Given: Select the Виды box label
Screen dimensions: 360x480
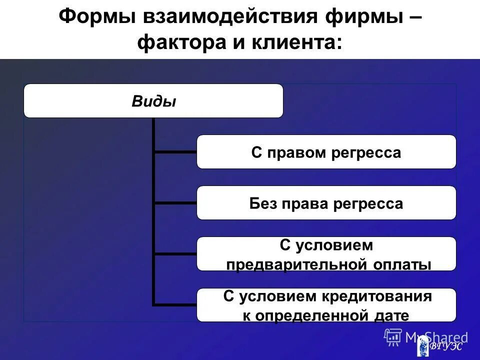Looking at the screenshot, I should pyautogui.click(x=153, y=101).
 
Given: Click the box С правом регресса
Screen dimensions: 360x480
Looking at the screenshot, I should pyautogui.click(x=326, y=152).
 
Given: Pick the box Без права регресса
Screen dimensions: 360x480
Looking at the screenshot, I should pyautogui.click(x=326, y=203).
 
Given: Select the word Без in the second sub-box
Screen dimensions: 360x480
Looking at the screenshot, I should pyautogui.click(x=263, y=203).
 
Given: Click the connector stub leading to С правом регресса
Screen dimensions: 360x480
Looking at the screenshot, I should pyautogui.click(x=175, y=151).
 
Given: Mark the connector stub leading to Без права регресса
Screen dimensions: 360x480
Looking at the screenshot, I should pyautogui.click(x=175, y=202).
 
